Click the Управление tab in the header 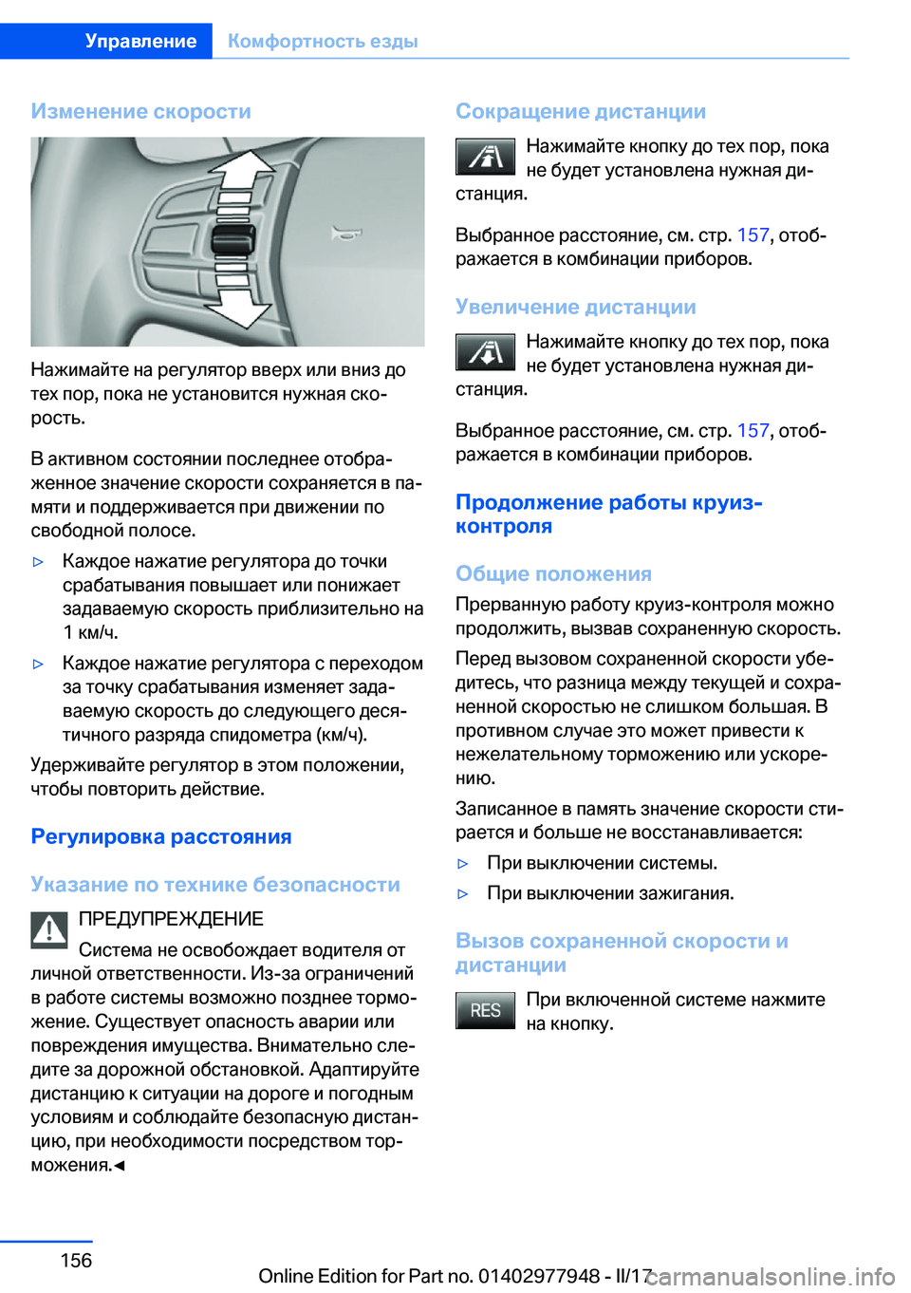click(x=140, y=41)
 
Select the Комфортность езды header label click(x=323, y=41)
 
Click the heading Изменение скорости click(x=140, y=111)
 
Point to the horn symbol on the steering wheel click(x=346, y=232)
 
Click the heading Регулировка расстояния click(x=161, y=836)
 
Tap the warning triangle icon click(x=49, y=929)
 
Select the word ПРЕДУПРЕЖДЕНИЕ click(x=171, y=919)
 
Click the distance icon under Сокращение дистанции click(x=485, y=157)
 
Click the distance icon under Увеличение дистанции click(x=485, y=352)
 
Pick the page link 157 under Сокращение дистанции click(x=753, y=234)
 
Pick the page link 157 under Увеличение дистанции click(x=753, y=430)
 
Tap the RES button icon click(x=485, y=1010)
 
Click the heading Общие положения click(x=553, y=573)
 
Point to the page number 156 click(x=76, y=1260)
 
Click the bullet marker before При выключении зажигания click(x=463, y=893)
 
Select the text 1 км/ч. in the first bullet click(x=91, y=632)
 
